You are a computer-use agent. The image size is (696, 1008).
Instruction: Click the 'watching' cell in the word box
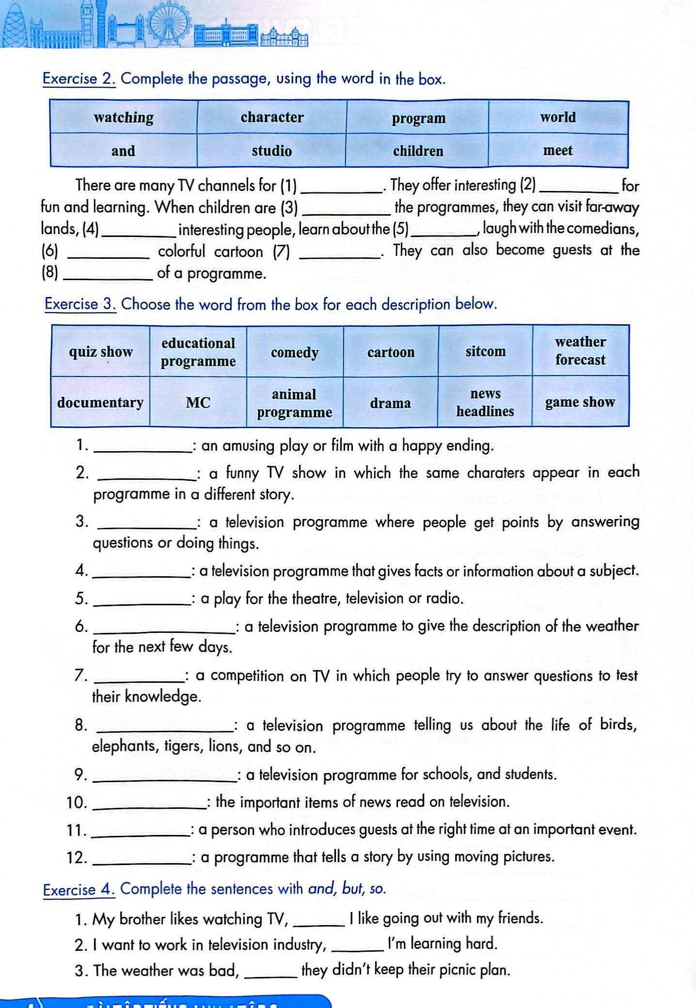coord(124,118)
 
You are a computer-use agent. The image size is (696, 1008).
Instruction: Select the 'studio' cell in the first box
coord(271,151)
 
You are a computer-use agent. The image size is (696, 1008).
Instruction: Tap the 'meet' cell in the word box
coord(558,151)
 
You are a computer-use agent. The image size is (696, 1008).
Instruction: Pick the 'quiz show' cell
coord(100,352)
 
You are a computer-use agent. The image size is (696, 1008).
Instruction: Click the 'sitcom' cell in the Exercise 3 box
coord(485,352)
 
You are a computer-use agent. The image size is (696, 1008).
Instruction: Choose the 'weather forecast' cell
coord(580,351)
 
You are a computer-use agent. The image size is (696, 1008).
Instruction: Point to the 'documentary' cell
coord(100,403)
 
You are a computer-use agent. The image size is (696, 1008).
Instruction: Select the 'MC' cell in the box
coord(198,403)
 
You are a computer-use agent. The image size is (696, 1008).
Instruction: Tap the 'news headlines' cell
coord(485,403)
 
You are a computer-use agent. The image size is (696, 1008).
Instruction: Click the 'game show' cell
coord(580,402)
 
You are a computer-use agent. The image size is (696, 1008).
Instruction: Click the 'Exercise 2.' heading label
coord(79,79)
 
